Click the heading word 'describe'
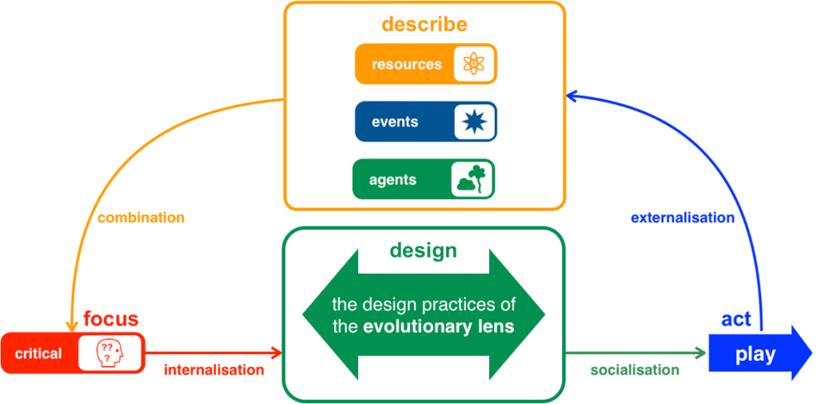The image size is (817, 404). pos(424,24)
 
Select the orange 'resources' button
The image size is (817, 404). pos(407,64)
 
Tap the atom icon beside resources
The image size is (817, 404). pos(474,64)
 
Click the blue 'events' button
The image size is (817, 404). pos(395,122)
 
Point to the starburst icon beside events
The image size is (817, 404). pos(475,122)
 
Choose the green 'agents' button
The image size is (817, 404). pos(393,180)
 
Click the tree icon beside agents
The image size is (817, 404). pos(471,179)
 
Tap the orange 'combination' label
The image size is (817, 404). pos(141,218)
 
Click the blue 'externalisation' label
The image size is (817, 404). pos(682,218)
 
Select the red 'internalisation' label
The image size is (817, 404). pos(213,370)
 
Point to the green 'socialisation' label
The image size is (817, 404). pos(634,370)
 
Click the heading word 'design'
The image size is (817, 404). pos(423,250)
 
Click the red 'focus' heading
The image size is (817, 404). pos(110,319)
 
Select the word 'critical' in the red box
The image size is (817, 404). pos(38,353)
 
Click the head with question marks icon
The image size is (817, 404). pos(110,353)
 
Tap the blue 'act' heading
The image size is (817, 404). pos(735,319)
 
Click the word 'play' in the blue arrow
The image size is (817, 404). pos(755,354)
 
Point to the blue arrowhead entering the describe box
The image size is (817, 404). pos(572,95)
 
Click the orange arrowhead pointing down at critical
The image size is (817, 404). pos(70,326)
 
